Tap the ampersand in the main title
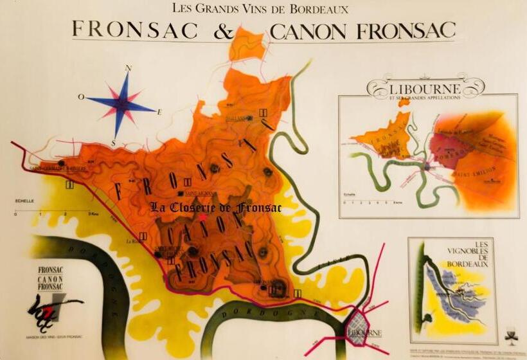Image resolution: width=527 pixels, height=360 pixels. tap(223, 30)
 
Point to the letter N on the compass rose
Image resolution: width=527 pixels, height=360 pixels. tap(128, 68)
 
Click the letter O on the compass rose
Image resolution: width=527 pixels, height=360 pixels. tap(81, 98)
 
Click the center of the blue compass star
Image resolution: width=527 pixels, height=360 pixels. tap(124, 102)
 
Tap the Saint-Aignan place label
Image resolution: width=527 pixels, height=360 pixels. tap(199, 193)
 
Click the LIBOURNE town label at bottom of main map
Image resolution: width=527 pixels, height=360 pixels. tap(364, 333)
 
